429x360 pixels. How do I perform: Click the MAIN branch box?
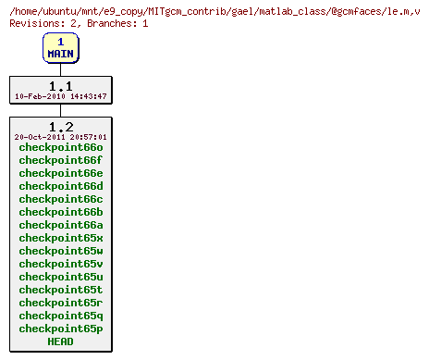(x=60, y=48)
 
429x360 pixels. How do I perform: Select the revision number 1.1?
(x=60, y=85)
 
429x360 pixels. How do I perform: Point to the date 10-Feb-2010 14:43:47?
(x=60, y=96)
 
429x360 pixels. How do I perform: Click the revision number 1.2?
(x=60, y=126)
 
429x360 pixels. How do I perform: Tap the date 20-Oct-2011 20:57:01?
(x=60, y=137)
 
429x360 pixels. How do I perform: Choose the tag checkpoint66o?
(x=60, y=147)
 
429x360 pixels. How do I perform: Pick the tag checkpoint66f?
(x=60, y=160)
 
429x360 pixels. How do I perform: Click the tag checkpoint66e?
(x=60, y=173)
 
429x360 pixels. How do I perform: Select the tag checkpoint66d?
(x=60, y=186)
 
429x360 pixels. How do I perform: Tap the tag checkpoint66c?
(x=60, y=199)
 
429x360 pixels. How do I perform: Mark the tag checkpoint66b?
(x=60, y=212)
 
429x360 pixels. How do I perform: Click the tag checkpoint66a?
(x=60, y=225)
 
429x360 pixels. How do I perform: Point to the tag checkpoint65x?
(x=60, y=238)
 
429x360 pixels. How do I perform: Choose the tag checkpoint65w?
(x=60, y=251)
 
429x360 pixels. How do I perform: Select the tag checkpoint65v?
(x=60, y=264)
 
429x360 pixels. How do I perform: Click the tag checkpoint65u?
(x=60, y=277)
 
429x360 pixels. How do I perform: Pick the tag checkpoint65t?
(x=60, y=290)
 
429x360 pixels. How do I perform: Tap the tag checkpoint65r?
(x=60, y=303)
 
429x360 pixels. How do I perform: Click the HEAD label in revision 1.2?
(x=60, y=341)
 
